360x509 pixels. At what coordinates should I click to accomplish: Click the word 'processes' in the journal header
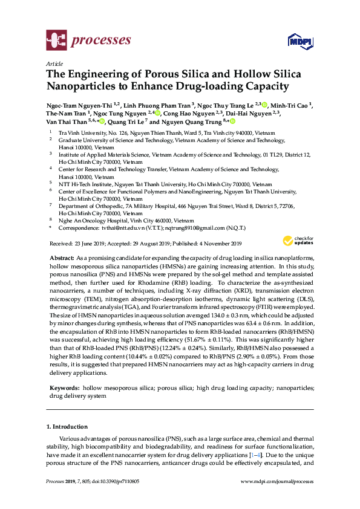(102, 41)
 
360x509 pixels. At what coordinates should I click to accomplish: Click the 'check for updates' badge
(296, 240)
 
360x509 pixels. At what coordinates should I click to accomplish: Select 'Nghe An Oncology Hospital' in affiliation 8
(93, 221)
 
